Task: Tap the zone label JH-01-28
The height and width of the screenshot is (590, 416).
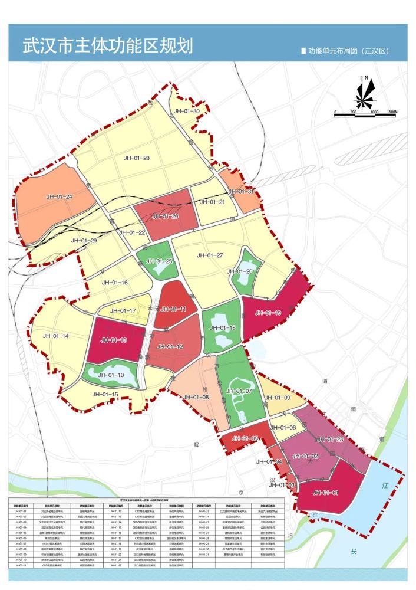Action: click(137, 158)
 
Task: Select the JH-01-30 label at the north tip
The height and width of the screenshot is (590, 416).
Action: click(187, 111)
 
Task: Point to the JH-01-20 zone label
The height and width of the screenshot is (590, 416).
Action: click(165, 217)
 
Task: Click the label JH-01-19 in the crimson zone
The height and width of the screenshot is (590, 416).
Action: click(268, 313)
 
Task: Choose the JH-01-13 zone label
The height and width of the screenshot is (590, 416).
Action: click(114, 340)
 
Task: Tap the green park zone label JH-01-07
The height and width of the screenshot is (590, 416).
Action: click(239, 391)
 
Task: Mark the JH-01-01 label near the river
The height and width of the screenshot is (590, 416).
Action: click(326, 492)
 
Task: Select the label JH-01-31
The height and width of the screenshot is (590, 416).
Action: click(242, 192)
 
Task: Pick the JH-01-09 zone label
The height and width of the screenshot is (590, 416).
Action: click(278, 398)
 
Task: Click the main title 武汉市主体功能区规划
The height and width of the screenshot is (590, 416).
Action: click(107, 45)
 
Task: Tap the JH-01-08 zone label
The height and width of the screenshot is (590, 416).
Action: click(197, 398)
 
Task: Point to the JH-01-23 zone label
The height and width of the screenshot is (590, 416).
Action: click(330, 439)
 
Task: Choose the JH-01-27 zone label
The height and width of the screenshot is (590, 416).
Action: click(210, 255)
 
